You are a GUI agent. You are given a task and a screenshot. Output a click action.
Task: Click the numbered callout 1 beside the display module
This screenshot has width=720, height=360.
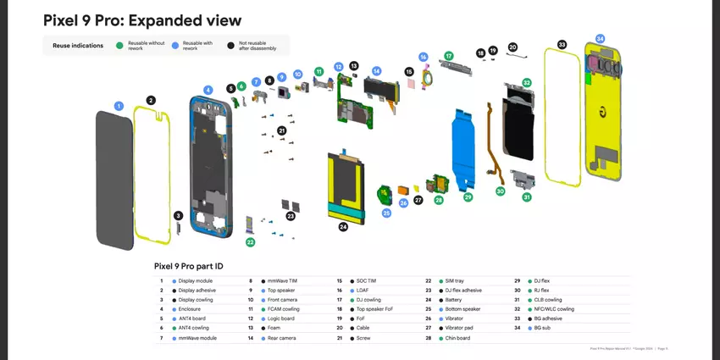tap(119, 106)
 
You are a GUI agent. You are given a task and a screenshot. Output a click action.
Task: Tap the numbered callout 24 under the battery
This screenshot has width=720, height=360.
tap(343, 227)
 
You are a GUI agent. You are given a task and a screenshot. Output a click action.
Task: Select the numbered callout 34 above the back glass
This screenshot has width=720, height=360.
tap(600, 39)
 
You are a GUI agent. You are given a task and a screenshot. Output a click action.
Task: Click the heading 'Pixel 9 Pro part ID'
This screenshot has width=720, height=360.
tap(188, 265)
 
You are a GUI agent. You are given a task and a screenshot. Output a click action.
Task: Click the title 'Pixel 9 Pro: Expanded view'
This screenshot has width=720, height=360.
tap(142, 20)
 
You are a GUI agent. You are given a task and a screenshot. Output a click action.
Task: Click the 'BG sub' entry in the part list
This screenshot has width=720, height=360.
tap(543, 329)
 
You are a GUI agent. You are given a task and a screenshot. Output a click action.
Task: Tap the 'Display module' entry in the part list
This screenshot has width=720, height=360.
tap(196, 280)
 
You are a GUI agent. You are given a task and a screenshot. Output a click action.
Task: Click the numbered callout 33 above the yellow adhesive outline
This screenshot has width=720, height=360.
tap(562, 44)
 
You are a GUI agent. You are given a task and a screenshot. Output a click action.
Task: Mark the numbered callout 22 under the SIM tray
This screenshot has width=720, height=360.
tap(251, 242)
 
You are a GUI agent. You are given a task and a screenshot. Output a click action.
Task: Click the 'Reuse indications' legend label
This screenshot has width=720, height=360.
tap(78, 45)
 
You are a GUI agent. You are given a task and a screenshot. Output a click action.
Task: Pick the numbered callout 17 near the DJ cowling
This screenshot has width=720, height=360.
tap(449, 56)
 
